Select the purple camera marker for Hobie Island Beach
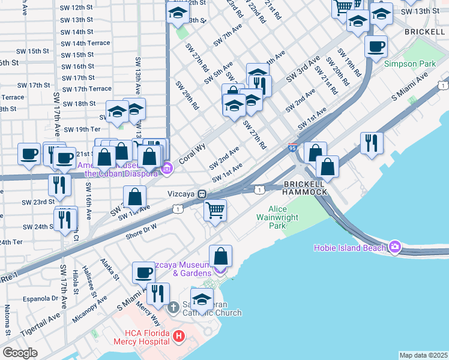pos(394,247)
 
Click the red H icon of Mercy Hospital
pos(178,337)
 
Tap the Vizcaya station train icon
pos(203,194)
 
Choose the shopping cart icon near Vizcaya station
pos(215,211)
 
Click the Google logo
pos(20,352)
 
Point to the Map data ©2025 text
pos(423,355)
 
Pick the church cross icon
pos(173,308)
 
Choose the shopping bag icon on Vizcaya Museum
pos(221,256)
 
